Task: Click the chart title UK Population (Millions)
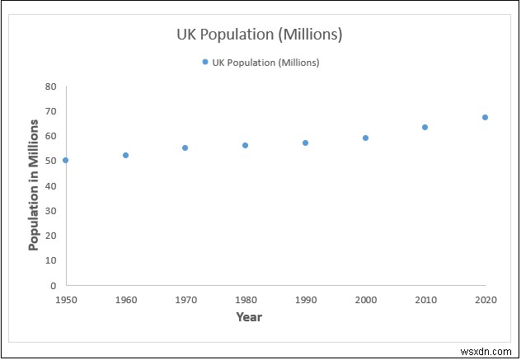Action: [x=260, y=35]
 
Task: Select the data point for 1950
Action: [x=66, y=160]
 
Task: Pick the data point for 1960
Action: [x=126, y=155]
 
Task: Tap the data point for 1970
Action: [x=185, y=147]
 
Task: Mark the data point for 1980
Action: [x=245, y=145]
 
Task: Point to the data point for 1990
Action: [x=305, y=143]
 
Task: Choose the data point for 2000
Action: [x=365, y=138]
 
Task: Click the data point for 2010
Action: [x=425, y=127]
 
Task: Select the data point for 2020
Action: [x=485, y=117]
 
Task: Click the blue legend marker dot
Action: [x=204, y=62]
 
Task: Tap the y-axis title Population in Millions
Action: [x=34, y=185]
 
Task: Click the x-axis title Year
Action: [x=249, y=316]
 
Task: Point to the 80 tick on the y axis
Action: [x=50, y=86]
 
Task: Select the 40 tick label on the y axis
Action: [x=50, y=185]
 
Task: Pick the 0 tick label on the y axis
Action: [x=54, y=285]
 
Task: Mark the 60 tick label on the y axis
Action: [x=50, y=136]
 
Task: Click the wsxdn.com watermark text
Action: [x=490, y=350]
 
